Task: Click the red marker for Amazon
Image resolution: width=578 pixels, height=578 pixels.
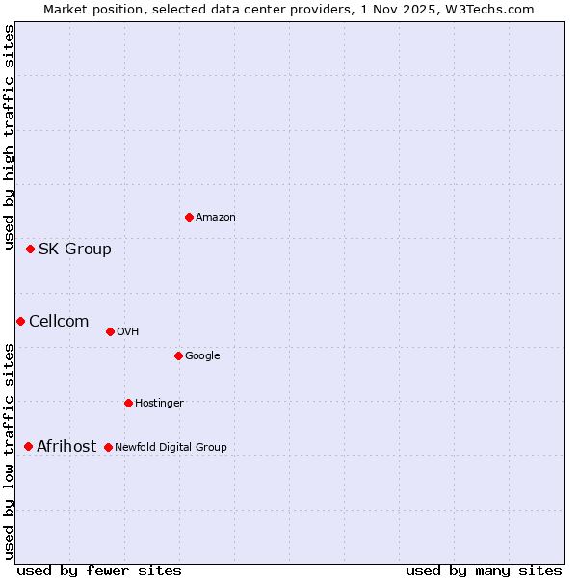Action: pos(189,217)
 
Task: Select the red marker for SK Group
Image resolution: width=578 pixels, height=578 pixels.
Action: pos(30,249)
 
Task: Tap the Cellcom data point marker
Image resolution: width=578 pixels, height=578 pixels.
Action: pos(20,321)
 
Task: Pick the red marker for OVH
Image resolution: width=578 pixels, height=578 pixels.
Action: pos(110,331)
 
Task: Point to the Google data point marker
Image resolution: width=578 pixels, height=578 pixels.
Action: pos(178,355)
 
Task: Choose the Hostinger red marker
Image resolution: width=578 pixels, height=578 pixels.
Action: pos(128,403)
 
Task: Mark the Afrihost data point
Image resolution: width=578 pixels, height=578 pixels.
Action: pos(28,446)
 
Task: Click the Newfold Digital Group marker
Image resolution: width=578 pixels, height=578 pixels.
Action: pos(108,447)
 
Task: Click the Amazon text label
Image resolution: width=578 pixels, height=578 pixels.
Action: pos(216,217)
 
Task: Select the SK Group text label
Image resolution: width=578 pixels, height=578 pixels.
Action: pos(75,249)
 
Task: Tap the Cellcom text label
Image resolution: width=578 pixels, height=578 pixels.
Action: pos(59,321)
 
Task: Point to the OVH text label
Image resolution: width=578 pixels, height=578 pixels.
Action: pos(128,331)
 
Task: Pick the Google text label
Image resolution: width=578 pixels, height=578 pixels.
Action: pos(202,355)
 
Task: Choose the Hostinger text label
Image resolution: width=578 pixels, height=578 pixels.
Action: pos(159,403)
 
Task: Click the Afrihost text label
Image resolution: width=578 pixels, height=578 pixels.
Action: pos(66,446)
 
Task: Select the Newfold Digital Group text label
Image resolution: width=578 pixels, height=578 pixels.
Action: pos(171,447)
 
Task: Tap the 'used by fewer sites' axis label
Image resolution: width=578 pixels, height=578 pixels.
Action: pos(99,570)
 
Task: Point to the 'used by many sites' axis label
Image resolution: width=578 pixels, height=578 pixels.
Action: pos(484,570)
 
